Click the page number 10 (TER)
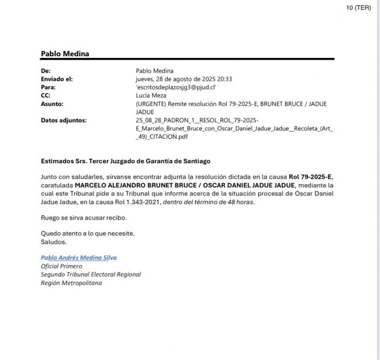pyautogui.click(x=358, y=8)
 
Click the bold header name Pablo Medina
pyautogui.click(x=65, y=54)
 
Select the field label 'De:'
pyautogui.click(x=46, y=70)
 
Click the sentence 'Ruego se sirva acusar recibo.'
pyautogui.click(x=84, y=218)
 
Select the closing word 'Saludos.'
pyautogui.click(x=54, y=242)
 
